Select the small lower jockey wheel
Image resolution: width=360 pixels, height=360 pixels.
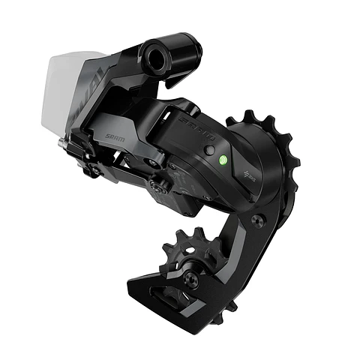(191, 259)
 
